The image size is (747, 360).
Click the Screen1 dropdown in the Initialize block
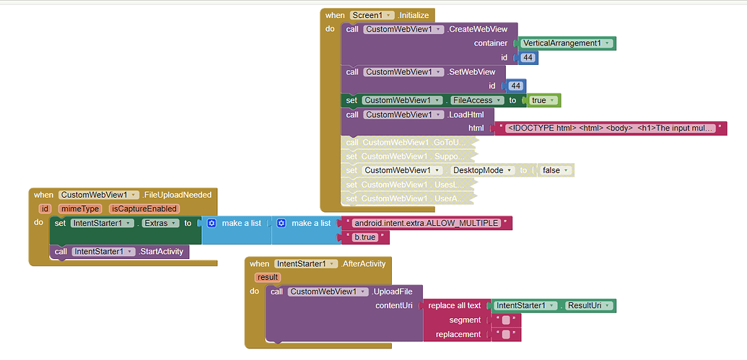tap(372, 15)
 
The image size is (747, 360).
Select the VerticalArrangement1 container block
tap(567, 43)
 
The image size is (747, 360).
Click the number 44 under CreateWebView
tap(528, 58)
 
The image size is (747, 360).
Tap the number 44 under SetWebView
tap(515, 86)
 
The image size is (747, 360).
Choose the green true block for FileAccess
tap(543, 100)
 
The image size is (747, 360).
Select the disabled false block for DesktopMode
tap(555, 170)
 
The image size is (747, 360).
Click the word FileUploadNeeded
tap(178, 195)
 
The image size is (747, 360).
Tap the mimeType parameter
tap(79, 208)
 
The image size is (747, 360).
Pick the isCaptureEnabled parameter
tap(144, 208)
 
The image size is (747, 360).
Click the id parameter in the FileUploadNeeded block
tap(45, 208)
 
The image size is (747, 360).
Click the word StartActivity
tap(162, 251)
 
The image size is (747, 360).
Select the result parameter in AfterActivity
tap(267, 277)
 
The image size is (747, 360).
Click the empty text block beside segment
tap(506, 320)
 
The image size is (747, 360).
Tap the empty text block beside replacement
tap(506, 334)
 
